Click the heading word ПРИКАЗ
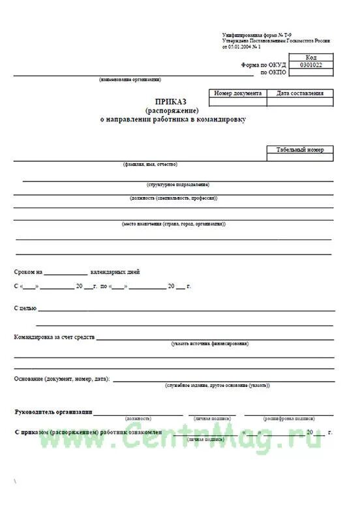(x=170, y=101)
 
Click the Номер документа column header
(x=238, y=93)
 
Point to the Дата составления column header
(x=299, y=93)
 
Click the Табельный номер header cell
(x=299, y=150)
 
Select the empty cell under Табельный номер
(x=299, y=158)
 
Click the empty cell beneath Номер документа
(x=238, y=102)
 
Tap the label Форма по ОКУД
(x=263, y=65)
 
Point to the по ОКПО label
(x=273, y=72)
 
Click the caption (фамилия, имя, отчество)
(x=150, y=164)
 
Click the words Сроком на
(x=28, y=272)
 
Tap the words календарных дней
(x=115, y=272)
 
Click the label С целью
(x=25, y=307)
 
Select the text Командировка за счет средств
(x=55, y=337)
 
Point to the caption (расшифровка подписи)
(x=289, y=418)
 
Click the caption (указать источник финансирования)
(x=210, y=343)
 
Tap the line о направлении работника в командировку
(x=170, y=120)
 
